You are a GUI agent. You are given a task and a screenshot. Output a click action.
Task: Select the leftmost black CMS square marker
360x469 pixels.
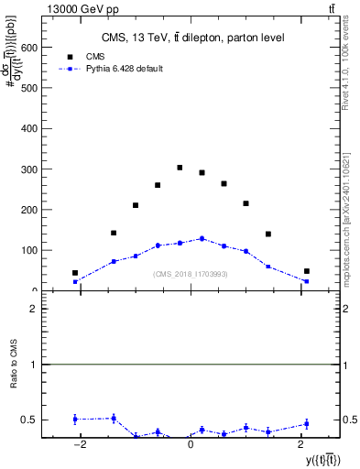pyautogui.click(x=75, y=273)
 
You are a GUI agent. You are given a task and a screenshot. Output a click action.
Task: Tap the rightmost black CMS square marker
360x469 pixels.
pyautogui.click(x=307, y=271)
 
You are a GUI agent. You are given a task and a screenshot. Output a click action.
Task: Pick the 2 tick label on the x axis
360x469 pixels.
pyautogui.click(x=301, y=444)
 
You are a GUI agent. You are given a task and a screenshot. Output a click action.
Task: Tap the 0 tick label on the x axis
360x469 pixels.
pyautogui.click(x=191, y=444)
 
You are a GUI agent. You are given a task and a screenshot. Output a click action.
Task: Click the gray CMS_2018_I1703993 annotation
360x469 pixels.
pyautogui.click(x=191, y=274)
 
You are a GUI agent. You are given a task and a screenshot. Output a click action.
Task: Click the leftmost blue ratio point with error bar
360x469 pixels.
pyautogui.click(x=75, y=419)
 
